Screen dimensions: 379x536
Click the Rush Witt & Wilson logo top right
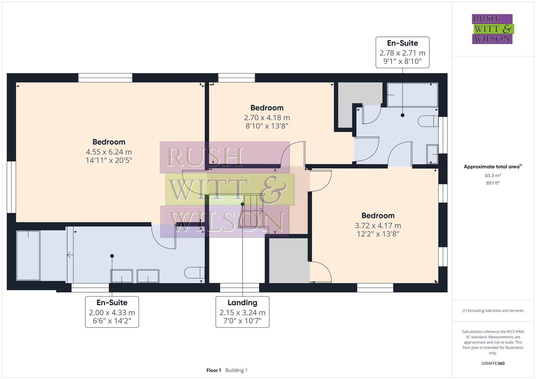(492, 29)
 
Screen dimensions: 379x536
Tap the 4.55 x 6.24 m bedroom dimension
(109, 152)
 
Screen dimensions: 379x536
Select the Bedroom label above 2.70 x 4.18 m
(267, 108)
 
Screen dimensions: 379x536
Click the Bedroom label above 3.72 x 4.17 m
(378, 215)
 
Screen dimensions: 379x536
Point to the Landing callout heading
(242, 302)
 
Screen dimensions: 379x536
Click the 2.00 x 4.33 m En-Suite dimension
(112, 312)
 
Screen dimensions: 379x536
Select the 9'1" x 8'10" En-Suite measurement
(402, 62)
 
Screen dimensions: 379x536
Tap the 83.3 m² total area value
(493, 175)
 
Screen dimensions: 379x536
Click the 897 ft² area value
(493, 183)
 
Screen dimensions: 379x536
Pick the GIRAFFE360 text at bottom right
(493, 364)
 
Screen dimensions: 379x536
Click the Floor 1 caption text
(213, 370)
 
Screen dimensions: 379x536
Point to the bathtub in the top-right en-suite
(412, 95)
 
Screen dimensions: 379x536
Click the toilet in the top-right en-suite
(428, 121)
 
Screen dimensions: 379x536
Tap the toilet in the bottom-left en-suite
(194, 272)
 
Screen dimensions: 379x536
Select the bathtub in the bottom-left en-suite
(28, 255)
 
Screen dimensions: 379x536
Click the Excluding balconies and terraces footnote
(493, 311)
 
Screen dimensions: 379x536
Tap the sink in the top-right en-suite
(432, 154)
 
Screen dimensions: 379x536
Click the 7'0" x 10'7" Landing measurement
(242, 321)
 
